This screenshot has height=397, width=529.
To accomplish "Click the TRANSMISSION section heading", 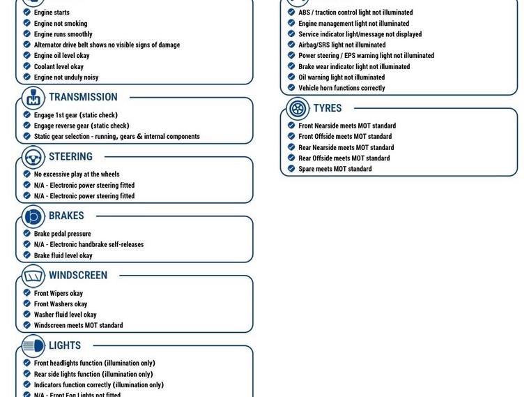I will pos(83,98).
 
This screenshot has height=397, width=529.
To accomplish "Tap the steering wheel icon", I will pos(33,158).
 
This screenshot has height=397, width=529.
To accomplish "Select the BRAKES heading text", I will pos(66,216).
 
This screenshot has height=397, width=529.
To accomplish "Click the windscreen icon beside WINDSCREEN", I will pos(33,276).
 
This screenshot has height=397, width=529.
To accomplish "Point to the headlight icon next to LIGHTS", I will pos(33,346).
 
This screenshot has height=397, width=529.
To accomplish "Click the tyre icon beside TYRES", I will pos(298,109).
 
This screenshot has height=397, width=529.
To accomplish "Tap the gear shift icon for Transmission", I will pos(33,98).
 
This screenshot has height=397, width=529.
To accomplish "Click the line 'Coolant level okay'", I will pos(59,67).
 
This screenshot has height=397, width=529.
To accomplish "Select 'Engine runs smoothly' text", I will pos(63,34).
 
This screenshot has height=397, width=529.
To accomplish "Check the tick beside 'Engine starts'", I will pos(26,13).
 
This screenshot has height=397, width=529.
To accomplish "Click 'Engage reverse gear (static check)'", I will pos(82,126).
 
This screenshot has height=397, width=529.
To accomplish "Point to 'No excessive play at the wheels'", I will pos(77,174).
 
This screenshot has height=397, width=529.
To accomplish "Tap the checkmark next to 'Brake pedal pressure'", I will pos(26,234).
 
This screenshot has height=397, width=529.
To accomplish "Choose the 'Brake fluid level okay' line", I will pos(63,255).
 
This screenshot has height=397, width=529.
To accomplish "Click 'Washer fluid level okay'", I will pos(65,315).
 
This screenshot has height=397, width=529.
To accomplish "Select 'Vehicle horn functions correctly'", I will pos(342,88).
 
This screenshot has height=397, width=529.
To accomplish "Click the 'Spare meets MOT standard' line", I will pos(335,169).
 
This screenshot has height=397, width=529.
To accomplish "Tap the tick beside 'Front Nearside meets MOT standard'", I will pos(291,126).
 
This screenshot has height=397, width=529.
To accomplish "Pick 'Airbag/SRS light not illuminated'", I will pos(342,45).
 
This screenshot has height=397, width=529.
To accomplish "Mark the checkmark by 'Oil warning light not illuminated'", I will pos(291,77).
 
